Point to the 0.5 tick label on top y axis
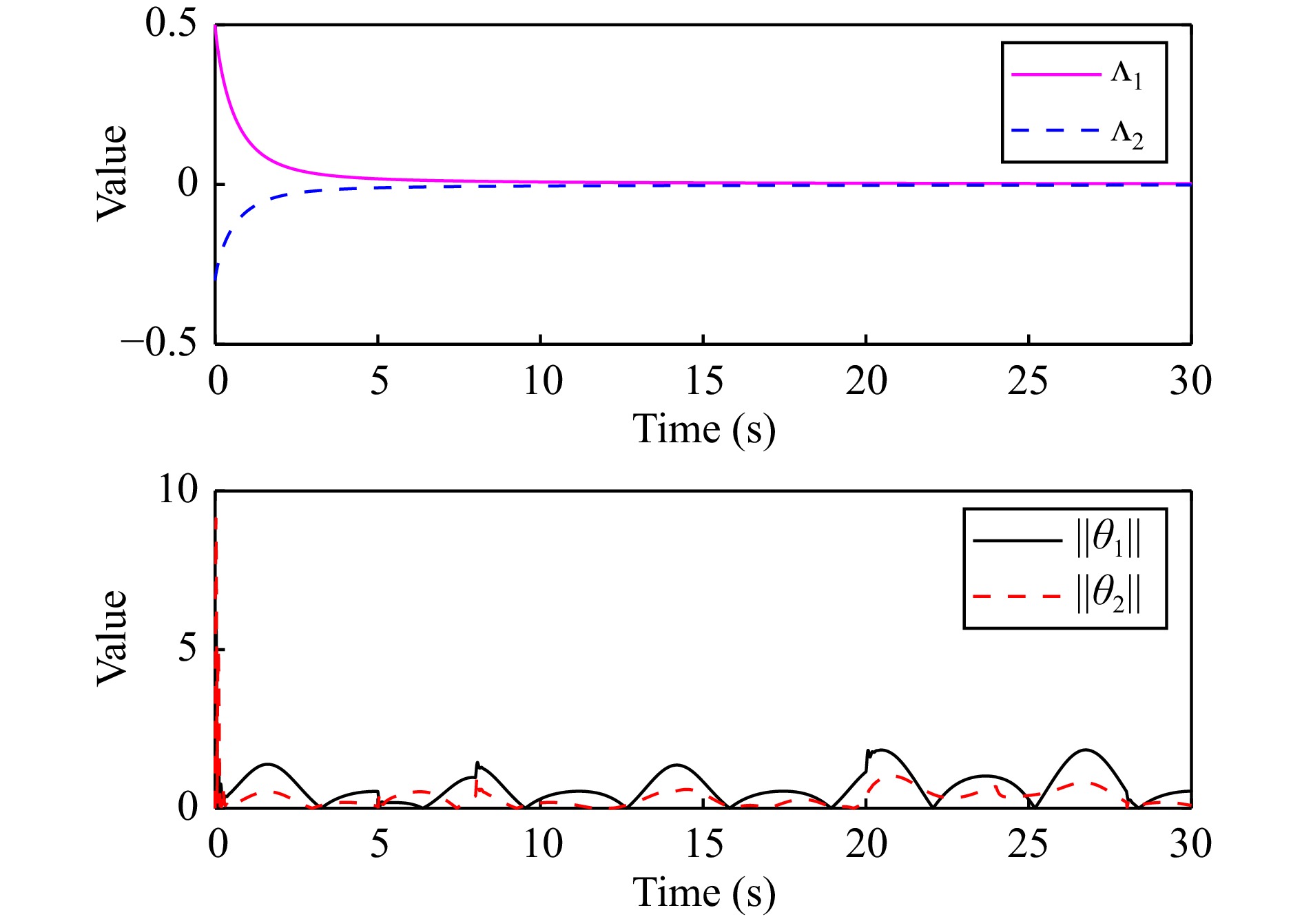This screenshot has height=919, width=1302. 171,23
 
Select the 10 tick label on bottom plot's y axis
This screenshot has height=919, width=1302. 178,490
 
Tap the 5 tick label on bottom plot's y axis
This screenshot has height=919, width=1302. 187,648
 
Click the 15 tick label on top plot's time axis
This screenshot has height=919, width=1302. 703,381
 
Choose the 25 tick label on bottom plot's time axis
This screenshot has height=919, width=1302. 1028,845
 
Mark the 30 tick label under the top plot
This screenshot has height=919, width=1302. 1190,381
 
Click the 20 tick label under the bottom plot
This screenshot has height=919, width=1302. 866,845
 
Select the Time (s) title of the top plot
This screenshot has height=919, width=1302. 703,429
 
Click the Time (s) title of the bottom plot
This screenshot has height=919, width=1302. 703,893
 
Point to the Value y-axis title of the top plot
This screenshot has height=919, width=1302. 112,174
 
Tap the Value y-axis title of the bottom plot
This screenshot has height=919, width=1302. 112,638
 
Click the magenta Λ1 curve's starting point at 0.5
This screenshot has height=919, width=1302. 216,26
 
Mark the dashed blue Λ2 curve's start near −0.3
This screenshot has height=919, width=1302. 216,278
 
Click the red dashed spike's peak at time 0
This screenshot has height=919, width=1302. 216,519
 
